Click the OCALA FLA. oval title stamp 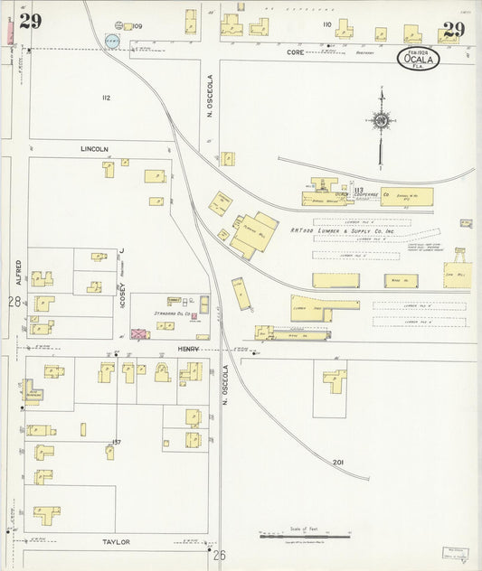point(420,60)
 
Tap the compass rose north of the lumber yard point(382,119)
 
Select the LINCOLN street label point(94,149)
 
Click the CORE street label point(296,53)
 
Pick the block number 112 point(106,98)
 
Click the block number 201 point(338,462)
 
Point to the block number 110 point(327,24)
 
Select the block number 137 point(116,442)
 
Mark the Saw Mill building point(457,275)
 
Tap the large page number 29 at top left point(30,23)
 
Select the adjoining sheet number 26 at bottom point(219,555)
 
